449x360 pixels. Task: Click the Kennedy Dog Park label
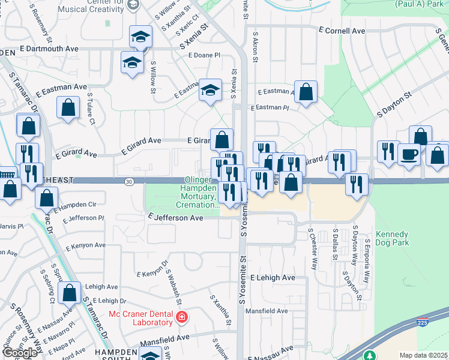coord(392,238)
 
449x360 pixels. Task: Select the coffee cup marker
coord(409,154)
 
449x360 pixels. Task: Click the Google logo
coord(20,352)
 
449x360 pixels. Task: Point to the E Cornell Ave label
coord(342,31)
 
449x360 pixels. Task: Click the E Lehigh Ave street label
coord(273,278)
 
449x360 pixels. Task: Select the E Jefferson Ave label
coord(176,218)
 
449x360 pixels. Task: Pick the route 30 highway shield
coord(129,181)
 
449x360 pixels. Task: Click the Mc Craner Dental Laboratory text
coord(140,319)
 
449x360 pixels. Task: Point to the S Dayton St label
coord(394,103)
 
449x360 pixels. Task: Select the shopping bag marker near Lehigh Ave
coord(70,293)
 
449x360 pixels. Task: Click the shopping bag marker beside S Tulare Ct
coord(68,108)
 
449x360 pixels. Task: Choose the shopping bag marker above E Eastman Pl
coord(306,92)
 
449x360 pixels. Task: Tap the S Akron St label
coord(255,48)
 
